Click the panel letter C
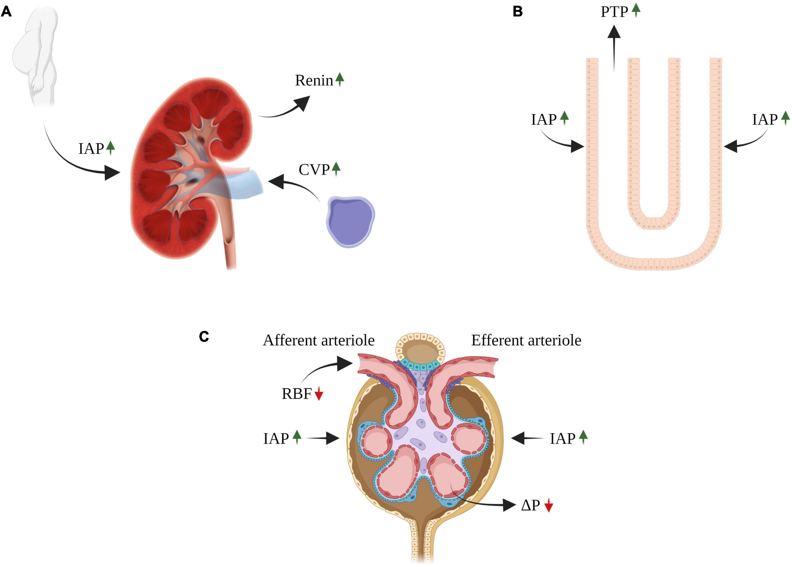(x=204, y=337)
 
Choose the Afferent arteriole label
(x=319, y=340)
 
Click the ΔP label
(x=530, y=505)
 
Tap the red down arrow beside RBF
(x=319, y=395)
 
